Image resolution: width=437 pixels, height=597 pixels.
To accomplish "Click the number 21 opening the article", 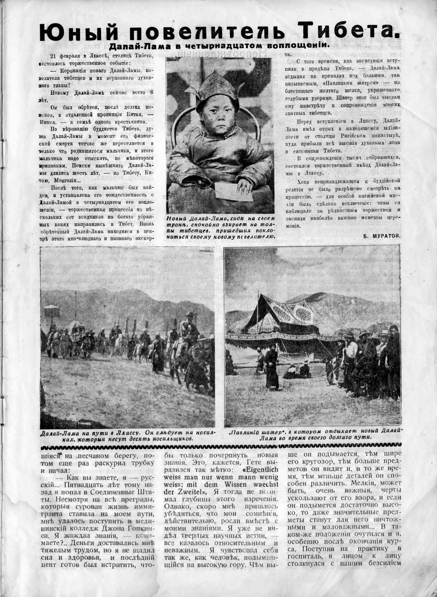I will (54, 56).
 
